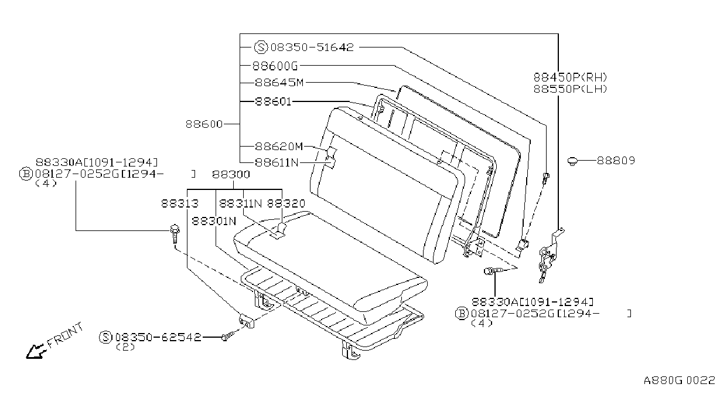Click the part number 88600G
click(x=275, y=66)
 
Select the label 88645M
click(x=279, y=83)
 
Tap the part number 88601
click(x=273, y=101)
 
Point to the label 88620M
click(x=279, y=147)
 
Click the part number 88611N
click(x=277, y=163)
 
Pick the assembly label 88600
click(x=204, y=124)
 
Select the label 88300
click(x=231, y=174)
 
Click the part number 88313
click(x=180, y=203)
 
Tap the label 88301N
click(x=214, y=221)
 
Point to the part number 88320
click(x=286, y=203)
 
